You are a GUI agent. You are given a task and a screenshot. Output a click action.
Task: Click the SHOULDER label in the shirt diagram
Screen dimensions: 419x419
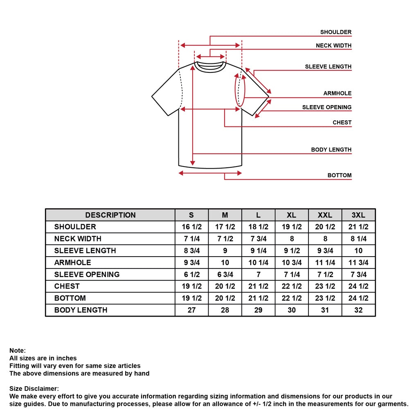tap(336, 32)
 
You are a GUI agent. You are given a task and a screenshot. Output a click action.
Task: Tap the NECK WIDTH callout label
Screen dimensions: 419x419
tap(333, 45)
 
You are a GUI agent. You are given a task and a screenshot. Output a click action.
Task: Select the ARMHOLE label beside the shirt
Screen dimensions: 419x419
tap(337, 93)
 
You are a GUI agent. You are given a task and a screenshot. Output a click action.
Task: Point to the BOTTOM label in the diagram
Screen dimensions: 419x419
tap(339, 175)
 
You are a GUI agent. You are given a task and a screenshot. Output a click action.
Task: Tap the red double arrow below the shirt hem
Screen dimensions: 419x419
tap(210, 173)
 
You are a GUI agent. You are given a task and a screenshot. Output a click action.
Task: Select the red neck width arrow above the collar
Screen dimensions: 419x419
tap(210, 56)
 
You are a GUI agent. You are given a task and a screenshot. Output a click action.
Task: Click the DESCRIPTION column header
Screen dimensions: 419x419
tap(110, 215)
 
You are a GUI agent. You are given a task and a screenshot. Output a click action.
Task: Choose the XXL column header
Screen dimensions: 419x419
tap(325, 215)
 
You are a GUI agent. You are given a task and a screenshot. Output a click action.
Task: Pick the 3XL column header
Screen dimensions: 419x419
tap(358, 215)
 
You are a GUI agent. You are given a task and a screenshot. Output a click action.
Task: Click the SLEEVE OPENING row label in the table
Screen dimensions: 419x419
tap(87, 275)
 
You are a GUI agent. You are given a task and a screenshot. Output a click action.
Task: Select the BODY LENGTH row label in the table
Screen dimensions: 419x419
tap(81, 310)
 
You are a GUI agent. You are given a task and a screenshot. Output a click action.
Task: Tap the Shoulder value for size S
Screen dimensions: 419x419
tap(191, 227)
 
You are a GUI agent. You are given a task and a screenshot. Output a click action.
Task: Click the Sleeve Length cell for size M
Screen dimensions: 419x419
tap(225, 251)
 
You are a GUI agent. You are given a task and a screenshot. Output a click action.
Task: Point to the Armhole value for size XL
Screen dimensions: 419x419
tap(291, 263)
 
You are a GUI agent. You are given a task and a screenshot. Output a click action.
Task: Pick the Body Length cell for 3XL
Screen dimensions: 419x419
tap(358, 310)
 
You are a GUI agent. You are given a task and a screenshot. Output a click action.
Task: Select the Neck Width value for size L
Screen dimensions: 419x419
tap(259, 239)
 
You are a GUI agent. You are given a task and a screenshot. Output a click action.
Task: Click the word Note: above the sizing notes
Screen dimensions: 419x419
tap(18, 351)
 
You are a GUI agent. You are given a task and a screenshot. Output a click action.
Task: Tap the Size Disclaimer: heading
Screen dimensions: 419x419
tap(34, 389)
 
